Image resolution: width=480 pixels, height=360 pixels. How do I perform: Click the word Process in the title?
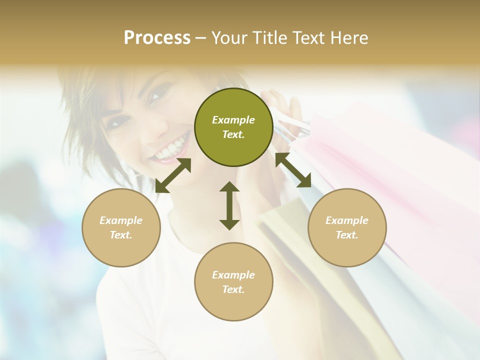[157, 38]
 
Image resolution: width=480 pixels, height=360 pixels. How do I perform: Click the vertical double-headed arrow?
[229, 205]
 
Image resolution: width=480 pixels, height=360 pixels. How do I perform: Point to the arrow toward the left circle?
[173, 175]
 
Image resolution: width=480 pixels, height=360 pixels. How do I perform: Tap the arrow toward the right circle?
[293, 170]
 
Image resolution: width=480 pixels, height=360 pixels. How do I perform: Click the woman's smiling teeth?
[169, 149]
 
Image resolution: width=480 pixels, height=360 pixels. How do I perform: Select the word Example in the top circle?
[233, 120]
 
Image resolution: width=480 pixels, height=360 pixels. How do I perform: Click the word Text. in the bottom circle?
[233, 289]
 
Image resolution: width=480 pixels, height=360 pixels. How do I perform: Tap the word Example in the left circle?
[121, 220]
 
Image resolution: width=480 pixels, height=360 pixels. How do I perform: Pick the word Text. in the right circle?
[347, 235]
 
